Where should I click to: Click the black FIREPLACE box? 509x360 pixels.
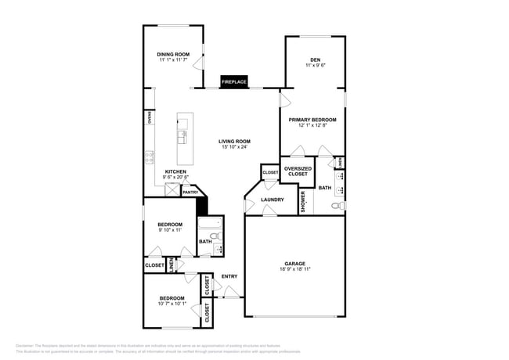tap(233, 81)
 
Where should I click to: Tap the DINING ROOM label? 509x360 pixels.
tap(173, 54)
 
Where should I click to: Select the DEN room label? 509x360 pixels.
tap(315, 59)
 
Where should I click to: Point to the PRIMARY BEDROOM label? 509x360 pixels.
tap(312, 120)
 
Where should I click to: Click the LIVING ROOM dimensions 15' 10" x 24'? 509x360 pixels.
tap(233, 147)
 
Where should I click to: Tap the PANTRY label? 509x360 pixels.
tap(190, 192)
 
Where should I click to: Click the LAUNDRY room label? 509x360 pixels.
tap(272, 200)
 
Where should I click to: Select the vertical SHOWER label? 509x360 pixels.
tap(303, 201)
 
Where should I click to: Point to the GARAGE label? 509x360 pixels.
tap(294, 263)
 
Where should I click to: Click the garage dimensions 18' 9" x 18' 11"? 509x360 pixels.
tap(294, 269)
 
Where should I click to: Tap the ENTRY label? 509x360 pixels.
tap(229, 275)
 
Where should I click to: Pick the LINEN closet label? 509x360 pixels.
tap(171, 265)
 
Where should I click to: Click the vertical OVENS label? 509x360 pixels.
tap(149, 118)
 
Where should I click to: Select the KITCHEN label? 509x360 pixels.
tap(175, 171)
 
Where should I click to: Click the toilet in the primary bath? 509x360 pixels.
tap(338, 205)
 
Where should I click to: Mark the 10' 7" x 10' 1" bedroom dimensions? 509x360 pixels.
tap(172, 304)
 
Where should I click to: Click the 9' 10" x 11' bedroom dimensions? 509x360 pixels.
tap(170, 230)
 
